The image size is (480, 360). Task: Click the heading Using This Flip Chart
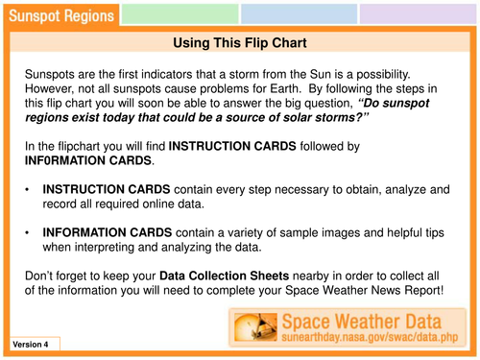coord(239,43)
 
